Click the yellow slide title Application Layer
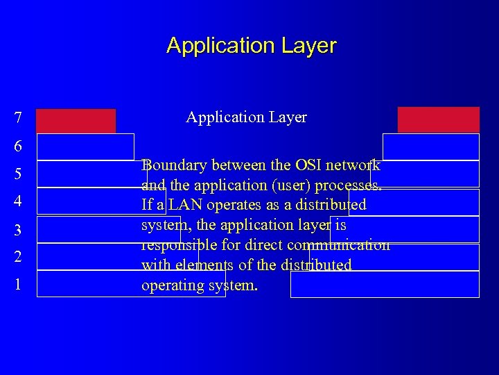coord(251,46)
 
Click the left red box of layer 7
coord(76,120)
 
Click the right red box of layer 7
coord(438,119)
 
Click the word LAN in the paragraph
coord(185,206)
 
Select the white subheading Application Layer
coord(246,117)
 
